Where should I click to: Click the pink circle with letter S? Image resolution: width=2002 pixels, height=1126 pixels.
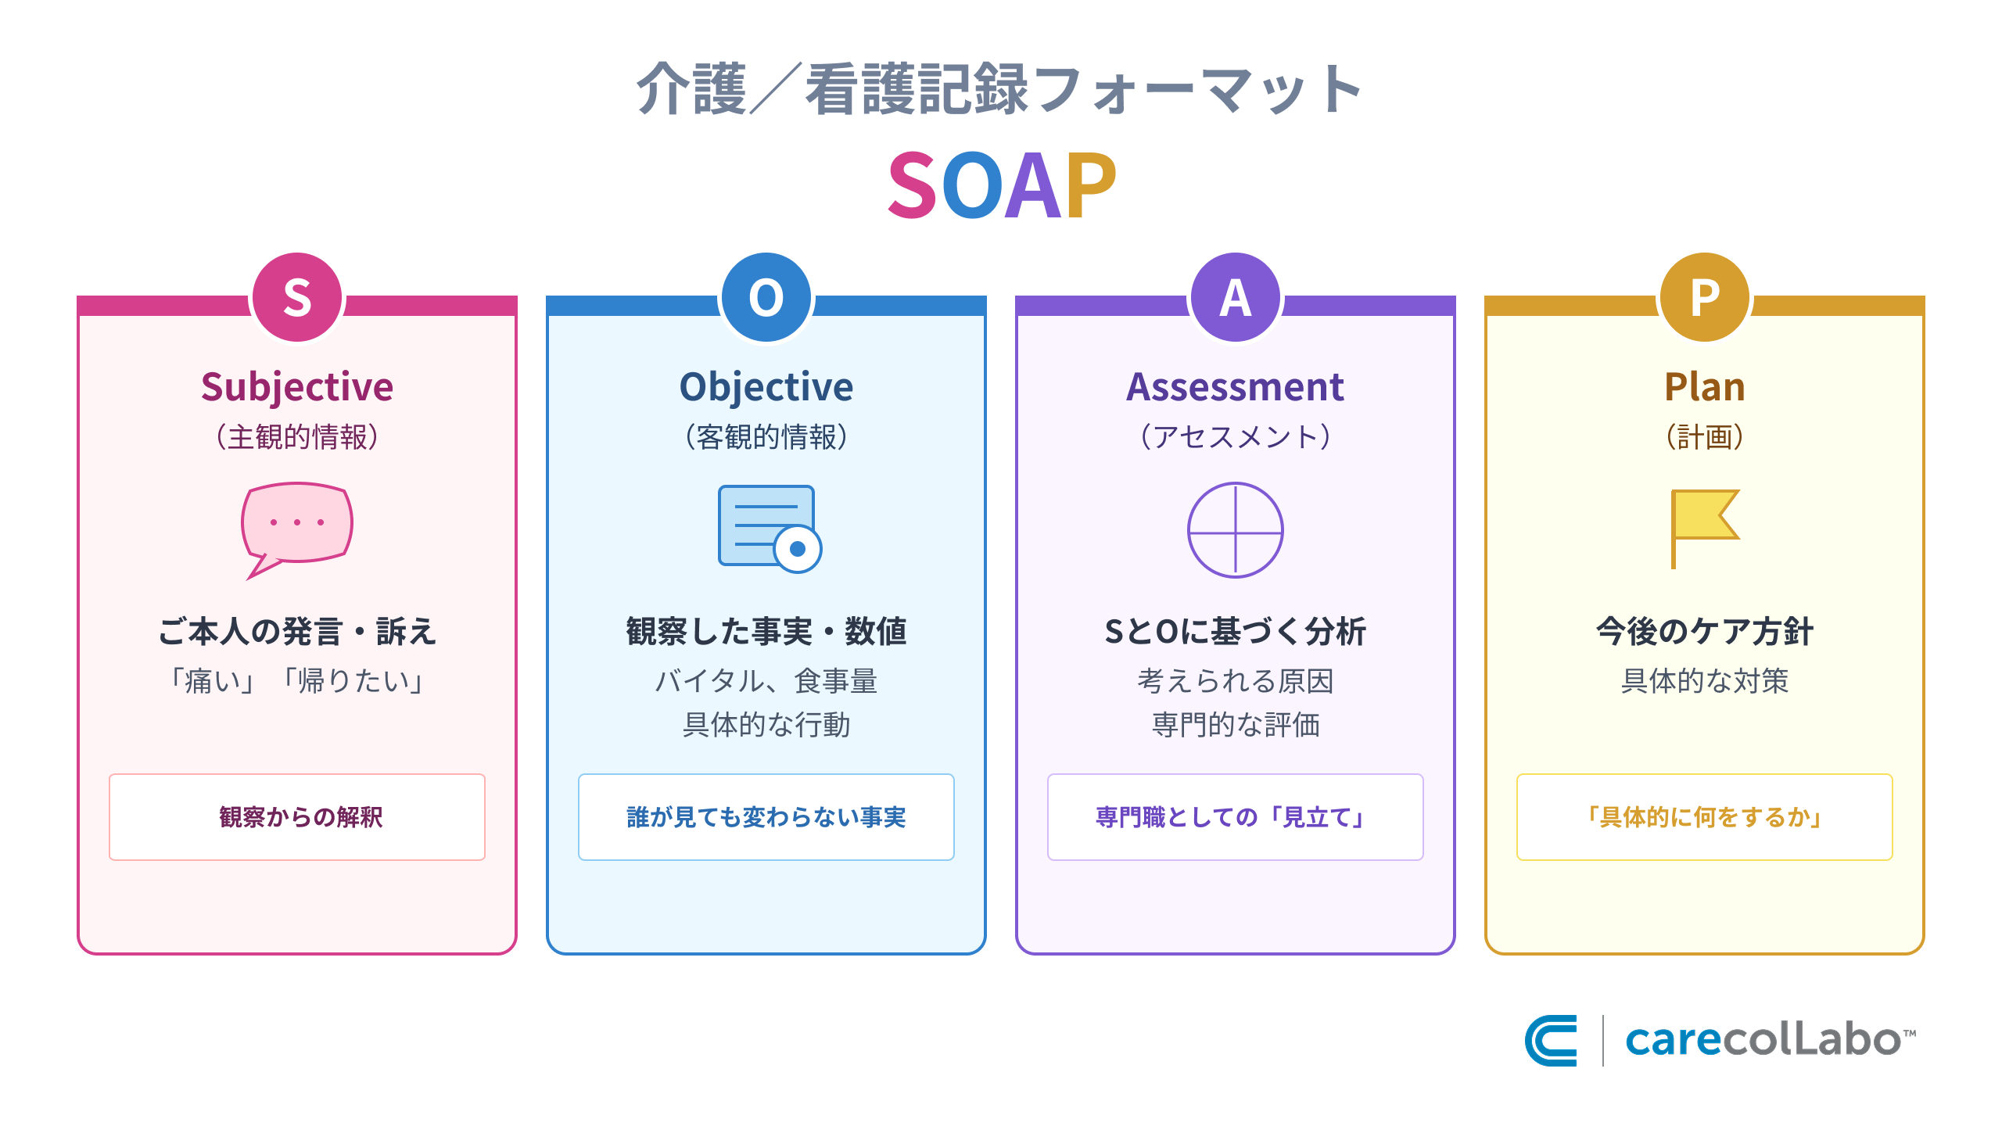297,297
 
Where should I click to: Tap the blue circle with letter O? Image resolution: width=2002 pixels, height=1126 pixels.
766,297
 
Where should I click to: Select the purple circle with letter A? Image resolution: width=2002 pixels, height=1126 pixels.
1236,297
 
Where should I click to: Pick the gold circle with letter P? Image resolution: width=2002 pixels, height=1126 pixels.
1705,297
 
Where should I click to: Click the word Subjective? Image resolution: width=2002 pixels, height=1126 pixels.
297,387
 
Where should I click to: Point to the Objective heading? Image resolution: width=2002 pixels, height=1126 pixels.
766,387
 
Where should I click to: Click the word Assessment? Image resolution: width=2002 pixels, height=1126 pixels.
1236,387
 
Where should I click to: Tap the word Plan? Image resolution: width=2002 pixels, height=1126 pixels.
1705,387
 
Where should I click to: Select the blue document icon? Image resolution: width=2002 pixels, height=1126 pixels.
768,528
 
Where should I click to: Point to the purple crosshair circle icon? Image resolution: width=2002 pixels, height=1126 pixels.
1236,530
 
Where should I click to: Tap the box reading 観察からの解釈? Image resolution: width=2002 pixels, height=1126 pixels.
297,817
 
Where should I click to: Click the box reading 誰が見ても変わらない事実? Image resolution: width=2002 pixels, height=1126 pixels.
766,817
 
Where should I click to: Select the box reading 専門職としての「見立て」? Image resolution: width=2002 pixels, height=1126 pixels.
1236,817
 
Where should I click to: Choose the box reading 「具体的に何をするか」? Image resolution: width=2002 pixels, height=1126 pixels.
1705,817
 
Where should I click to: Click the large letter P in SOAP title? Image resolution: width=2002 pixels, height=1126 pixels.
1090,186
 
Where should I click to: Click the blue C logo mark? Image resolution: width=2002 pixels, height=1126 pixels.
1551,1040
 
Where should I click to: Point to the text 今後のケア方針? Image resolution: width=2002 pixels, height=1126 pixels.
1705,631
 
